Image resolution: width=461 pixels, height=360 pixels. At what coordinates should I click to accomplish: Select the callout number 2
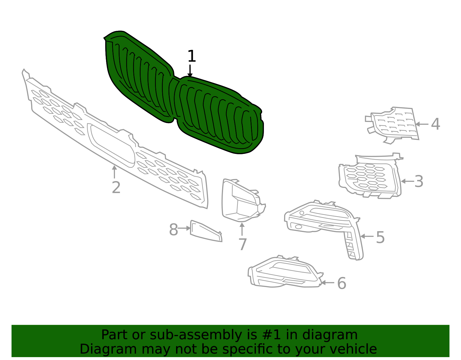pyautogui.click(x=116, y=188)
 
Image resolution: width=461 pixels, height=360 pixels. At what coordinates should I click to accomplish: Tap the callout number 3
pyautogui.click(x=419, y=182)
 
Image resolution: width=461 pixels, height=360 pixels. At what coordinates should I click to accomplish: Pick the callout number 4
pyautogui.click(x=435, y=124)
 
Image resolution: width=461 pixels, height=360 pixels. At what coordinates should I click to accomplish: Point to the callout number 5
pyautogui.click(x=380, y=238)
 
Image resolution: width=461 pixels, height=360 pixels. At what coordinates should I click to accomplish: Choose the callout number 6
pyautogui.click(x=341, y=283)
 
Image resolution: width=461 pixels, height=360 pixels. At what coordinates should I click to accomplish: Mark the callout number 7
pyautogui.click(x=243, y=244)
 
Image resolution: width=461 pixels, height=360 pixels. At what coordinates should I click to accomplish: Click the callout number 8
pyautogui.click(x=173, y=230)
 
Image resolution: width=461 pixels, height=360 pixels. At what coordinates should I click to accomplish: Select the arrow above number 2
pyautogui.click(x=114, y=172)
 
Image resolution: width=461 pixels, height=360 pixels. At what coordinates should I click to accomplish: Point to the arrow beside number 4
pyautogui.click(x=422, y=124)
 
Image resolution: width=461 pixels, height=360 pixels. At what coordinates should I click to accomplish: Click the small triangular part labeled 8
pyautogui.click(x=205, y=231)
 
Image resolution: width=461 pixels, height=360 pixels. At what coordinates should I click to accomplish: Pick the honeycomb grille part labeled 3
pyautogui.click(x=370, y=177)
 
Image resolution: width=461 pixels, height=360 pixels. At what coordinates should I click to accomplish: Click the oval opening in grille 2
pyautogui.click(x=111, y=146)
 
